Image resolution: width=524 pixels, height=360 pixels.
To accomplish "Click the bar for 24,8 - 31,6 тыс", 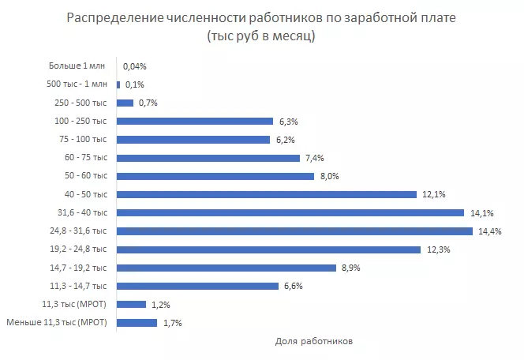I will (x=294, y=231).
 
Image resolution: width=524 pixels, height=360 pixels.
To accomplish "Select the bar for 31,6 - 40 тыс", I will (x=290, y=212).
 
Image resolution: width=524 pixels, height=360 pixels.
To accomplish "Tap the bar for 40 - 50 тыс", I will (x=267, y=194).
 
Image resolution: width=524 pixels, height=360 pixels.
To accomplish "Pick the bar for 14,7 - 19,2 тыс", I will (x=226, y=268).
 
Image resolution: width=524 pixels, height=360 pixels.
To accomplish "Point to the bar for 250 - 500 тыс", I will (x=125, y=103).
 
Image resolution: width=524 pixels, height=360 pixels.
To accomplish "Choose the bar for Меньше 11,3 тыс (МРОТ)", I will (x=137, y=322).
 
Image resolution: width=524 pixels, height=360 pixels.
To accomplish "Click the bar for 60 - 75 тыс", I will (x=208, y=158).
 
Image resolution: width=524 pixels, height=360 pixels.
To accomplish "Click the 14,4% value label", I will (x=488, y=231).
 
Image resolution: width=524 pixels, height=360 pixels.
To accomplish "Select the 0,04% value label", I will (x=135, y=67).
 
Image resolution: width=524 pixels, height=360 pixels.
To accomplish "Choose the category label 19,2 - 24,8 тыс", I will (x=78, y=249).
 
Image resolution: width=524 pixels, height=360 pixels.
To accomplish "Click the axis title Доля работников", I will (x=314, y=342).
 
